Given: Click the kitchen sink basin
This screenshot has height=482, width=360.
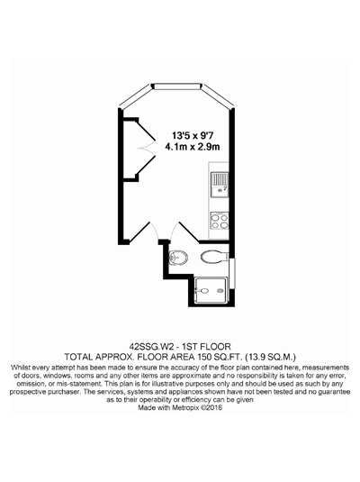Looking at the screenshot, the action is click(220, 190).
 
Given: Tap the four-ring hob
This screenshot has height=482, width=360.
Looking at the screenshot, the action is click(220, 222).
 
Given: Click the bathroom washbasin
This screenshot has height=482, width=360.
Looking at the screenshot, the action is click(178, 257).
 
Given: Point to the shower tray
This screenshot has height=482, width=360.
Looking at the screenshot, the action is click(211, 290).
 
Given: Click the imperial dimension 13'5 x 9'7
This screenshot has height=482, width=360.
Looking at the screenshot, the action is click(192, 135).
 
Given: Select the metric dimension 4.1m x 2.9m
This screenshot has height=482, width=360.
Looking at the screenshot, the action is click(193, 147).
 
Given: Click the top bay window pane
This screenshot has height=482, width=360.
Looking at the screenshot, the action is click(176, 86).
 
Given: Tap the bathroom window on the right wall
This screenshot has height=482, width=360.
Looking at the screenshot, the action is click(233, 274).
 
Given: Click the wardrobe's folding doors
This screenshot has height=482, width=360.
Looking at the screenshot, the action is click(147, 148).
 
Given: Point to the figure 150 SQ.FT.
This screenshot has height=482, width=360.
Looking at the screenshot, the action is click(220, 357).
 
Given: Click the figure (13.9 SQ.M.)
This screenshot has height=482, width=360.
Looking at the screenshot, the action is click(272, 357).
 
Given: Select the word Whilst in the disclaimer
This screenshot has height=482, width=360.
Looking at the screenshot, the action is click(21, 368).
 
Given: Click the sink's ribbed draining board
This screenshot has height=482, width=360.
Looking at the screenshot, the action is click(220, 178).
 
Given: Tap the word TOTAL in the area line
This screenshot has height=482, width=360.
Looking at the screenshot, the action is click(77, 357).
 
